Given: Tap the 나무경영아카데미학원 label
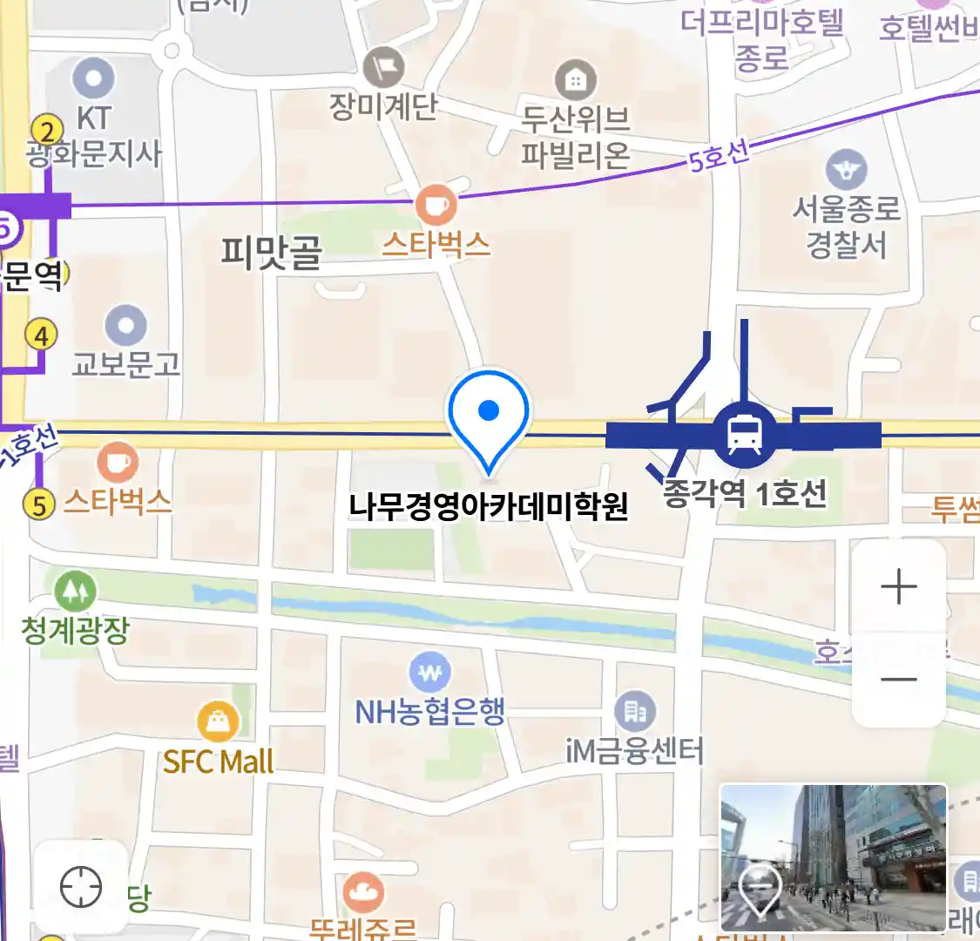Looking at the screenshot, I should (488, 505).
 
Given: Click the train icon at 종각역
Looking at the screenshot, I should (744, 434).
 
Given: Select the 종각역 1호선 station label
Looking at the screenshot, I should (745, 494).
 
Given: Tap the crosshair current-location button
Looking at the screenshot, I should (81, 888).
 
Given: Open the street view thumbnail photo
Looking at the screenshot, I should (833, 857).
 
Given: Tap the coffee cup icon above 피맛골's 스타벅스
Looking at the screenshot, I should (436, 206).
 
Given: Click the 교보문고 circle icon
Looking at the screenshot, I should (126, 327).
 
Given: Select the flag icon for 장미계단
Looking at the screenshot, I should (383, 67).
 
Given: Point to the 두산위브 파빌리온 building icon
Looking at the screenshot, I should (575, 81).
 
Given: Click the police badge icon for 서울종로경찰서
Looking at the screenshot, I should (846, 170).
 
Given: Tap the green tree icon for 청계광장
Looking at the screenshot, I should (75, 592).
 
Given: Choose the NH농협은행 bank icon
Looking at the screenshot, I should (429, 673).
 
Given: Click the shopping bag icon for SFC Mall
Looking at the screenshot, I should (218, 721).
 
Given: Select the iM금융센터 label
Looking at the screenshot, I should (634, 749).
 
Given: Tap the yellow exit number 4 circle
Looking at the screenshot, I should (41, 335).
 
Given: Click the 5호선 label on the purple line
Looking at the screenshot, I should (719, 157).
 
